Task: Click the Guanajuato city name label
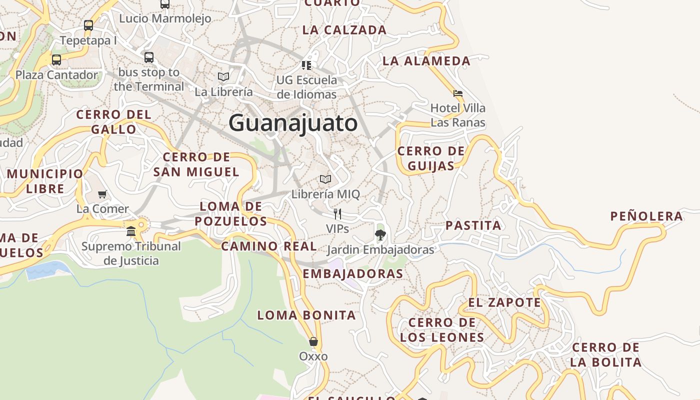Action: coord(293,123)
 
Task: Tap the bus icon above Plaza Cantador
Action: coord(56,60)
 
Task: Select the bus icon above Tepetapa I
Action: coord(88,25)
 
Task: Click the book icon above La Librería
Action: coord(223,76)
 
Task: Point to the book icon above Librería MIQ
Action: coord(325,179)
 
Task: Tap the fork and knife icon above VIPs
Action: coord(337,214)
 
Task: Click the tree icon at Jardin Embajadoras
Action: coord(380,234)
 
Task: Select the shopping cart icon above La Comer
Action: coord(102,194)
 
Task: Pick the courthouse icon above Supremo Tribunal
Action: coord(131,231)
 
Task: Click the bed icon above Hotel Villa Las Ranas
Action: coord(457,93)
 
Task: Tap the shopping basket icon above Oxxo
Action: coord(313,341)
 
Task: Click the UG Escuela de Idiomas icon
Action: coord(306,65)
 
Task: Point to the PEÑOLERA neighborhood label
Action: coord(646,216)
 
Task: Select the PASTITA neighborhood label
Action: coord(473,225)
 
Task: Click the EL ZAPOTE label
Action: coord(504,302)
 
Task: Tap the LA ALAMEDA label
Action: coord(426,61)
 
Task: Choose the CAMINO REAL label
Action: coord(269,246)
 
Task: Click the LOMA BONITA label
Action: coord(306,315)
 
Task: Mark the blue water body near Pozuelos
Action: coord(47,270)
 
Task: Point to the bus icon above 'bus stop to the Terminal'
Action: coord(149,57)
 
